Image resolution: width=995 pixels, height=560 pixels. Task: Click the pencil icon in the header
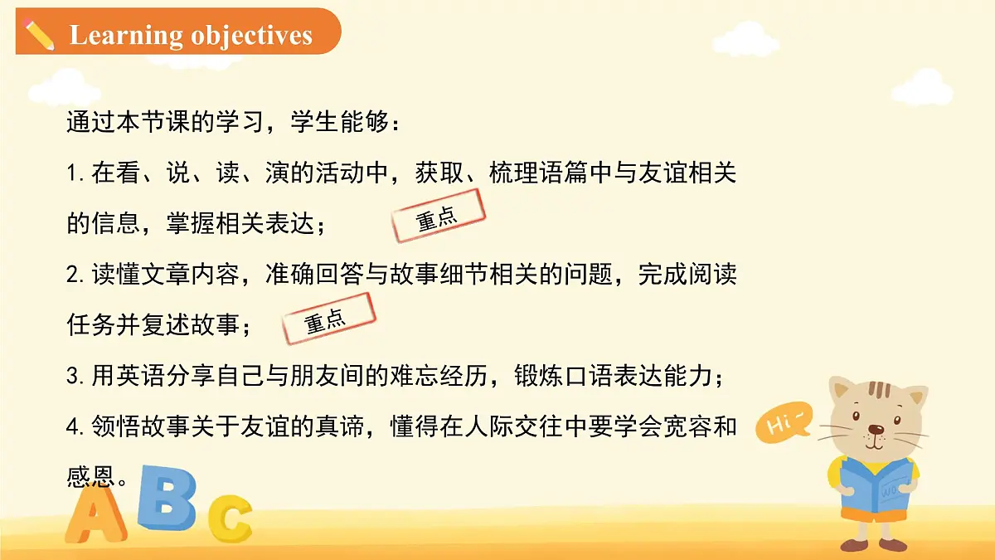click(38, 35)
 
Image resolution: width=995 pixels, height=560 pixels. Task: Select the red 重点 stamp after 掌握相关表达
click(438, 217)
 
